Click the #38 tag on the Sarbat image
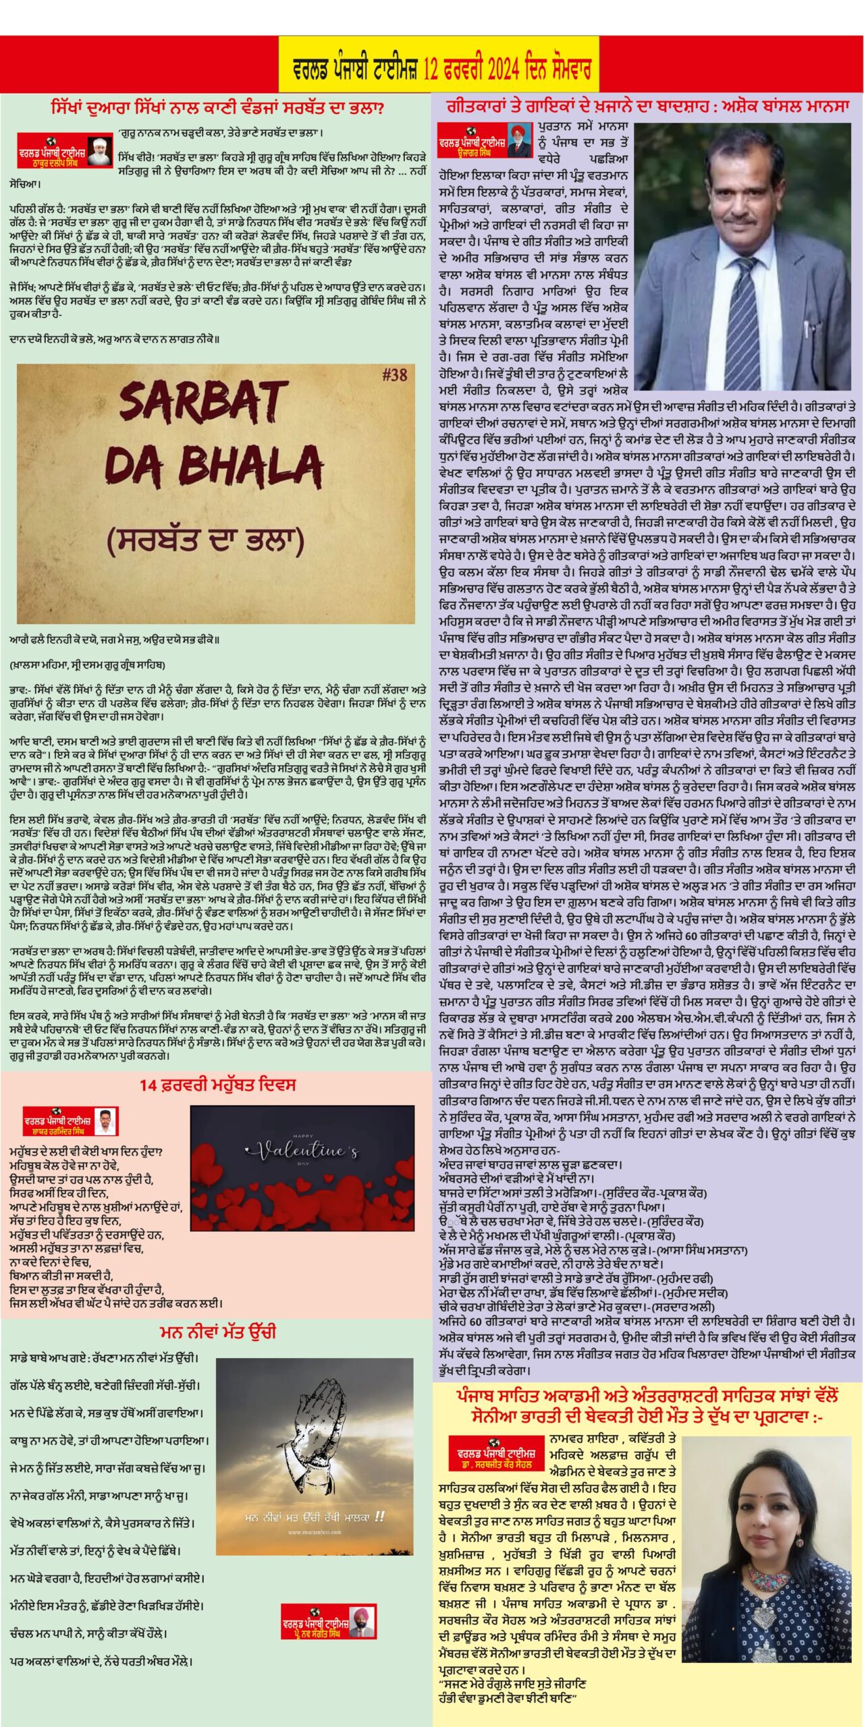point(394,375)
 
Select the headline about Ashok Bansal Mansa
point(647,107)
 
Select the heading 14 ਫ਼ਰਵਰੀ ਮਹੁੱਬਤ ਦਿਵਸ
point(217,1085)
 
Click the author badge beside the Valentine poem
point(71,1121)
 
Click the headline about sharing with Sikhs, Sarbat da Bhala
point(217,108)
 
